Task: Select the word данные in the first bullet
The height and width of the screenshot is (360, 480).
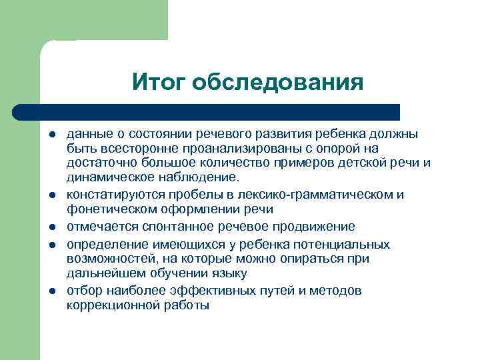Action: point(87,134)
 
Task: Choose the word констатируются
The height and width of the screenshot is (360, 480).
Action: point(111,194)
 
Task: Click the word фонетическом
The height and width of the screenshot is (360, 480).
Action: point(106,209)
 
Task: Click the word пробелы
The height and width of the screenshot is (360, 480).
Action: point(186,194)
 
